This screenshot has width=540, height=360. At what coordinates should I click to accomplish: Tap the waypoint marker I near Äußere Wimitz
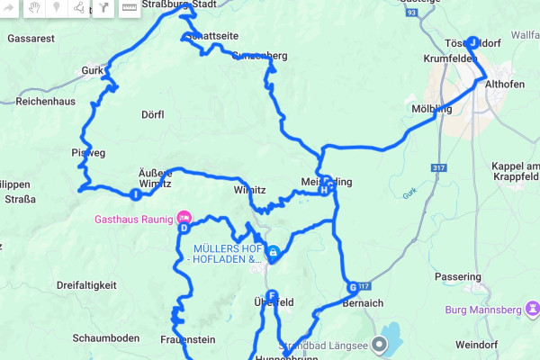coord(135,193)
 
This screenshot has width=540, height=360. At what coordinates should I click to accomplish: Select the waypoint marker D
coord(184,228)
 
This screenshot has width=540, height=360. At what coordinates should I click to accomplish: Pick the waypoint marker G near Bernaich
coord(353,288)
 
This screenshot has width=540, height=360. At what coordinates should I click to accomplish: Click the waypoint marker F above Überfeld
coord(271,294)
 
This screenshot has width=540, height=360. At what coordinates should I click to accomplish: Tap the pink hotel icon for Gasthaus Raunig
coord(184,217)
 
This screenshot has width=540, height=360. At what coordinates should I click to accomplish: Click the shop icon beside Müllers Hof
coord(272,254)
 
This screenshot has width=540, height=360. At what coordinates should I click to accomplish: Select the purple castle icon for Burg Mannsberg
coord(534,309)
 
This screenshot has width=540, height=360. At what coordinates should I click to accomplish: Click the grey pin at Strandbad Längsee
coord(380,343)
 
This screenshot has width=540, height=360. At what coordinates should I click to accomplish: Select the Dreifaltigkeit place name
coord(86,285)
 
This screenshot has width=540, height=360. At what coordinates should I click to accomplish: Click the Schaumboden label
coord(106,337)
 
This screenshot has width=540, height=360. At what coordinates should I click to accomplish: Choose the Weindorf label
coord(503,345)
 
